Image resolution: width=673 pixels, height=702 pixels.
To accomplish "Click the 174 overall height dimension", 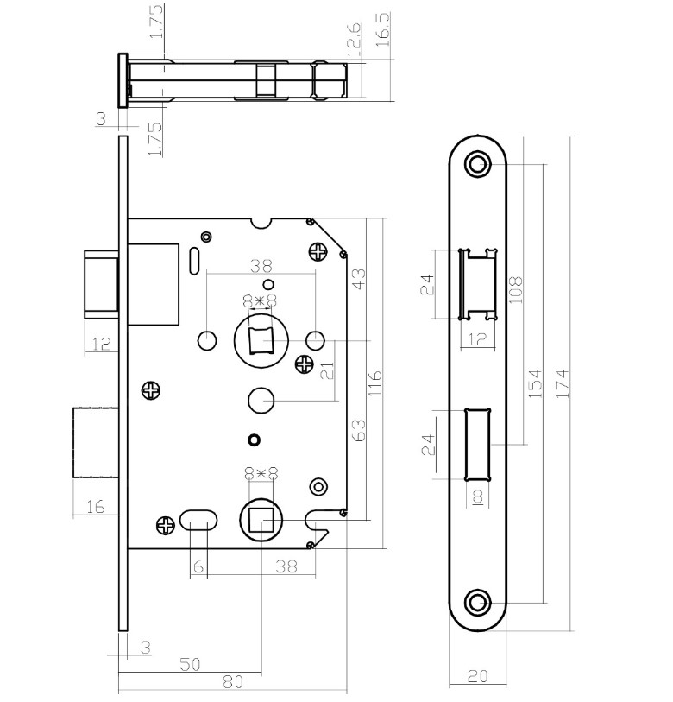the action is pos(563,383).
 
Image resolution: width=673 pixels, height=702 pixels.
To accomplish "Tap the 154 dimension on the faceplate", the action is pos(535,383).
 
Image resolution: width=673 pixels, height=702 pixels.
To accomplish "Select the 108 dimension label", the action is pos(515,289).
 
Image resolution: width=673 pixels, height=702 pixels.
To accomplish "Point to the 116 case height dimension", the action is pos(375,383).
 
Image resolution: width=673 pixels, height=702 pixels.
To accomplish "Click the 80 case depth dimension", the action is pos(233,682).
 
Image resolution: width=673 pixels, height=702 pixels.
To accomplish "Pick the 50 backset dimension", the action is pos(190,664).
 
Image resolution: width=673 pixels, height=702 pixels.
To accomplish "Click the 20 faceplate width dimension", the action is pos(477,676).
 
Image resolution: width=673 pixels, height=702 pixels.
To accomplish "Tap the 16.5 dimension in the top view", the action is pos(383,29).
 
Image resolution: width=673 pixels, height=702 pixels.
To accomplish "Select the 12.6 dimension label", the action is pos(354,39).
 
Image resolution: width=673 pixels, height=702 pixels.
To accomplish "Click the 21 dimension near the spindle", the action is pos(328,370).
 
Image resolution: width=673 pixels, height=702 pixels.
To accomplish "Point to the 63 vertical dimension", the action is pos(359,430).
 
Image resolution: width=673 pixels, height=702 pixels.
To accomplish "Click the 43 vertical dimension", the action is pos(359,279).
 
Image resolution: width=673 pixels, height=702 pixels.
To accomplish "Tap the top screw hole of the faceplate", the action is pos(478,164).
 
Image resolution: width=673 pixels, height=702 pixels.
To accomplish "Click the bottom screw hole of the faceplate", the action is pos(478,603).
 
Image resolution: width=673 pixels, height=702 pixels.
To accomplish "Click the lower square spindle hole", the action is pos(261,520).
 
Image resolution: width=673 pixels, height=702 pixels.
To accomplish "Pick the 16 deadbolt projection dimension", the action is pos(95,507).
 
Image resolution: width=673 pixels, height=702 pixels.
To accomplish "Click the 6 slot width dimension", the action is pos(198,566).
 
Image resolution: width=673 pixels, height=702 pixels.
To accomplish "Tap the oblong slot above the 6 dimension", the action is pos(199,521).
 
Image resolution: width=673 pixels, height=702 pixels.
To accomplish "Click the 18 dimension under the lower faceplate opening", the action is pos(478,496).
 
